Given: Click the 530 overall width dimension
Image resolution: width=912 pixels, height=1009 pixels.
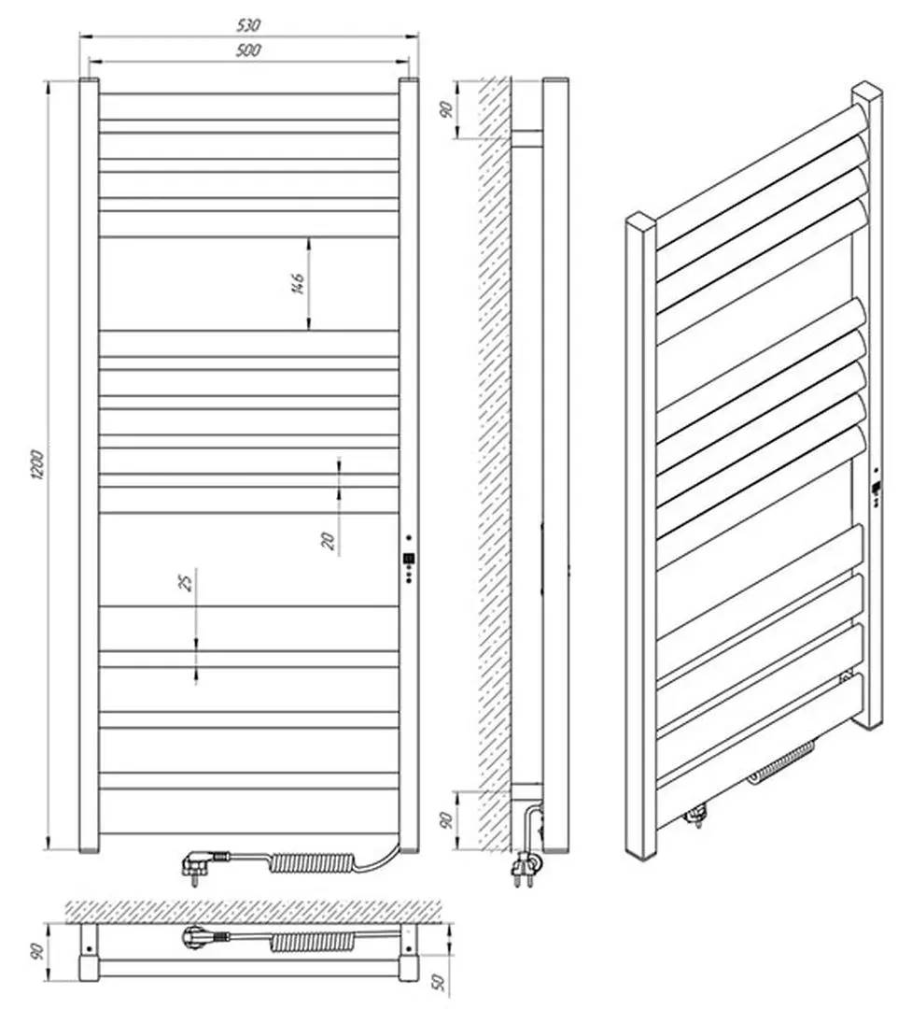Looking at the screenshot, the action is (x=248, y=25).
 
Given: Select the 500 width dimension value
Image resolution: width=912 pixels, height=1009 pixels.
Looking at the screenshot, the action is (x=248, y=50).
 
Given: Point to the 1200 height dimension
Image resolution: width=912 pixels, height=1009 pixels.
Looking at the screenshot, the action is (x=37, y=464).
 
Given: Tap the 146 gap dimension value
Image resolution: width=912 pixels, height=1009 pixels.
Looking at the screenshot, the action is (x=297, y=283).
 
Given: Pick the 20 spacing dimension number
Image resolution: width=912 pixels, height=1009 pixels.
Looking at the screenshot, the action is (x=329, y=541).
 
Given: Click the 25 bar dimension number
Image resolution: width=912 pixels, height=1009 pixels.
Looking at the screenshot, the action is (x=185, y=582).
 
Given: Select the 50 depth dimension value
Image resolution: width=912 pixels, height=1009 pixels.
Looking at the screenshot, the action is (x=438, y=983).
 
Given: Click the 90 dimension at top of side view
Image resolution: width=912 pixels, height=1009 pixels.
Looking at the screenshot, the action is (x=445, y=108).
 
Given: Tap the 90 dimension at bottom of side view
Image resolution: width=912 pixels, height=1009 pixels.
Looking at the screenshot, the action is (x=445, y=820).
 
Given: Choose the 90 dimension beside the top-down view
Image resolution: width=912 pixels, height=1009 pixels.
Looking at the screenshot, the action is (x=38, y=950).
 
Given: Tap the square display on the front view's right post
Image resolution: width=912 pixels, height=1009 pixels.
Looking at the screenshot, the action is (x=409, y=560).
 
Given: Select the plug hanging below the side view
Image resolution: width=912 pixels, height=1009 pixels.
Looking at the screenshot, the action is (x=524, y=869).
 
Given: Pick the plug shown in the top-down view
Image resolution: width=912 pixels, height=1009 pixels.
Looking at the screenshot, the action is (x=201, y=937).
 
